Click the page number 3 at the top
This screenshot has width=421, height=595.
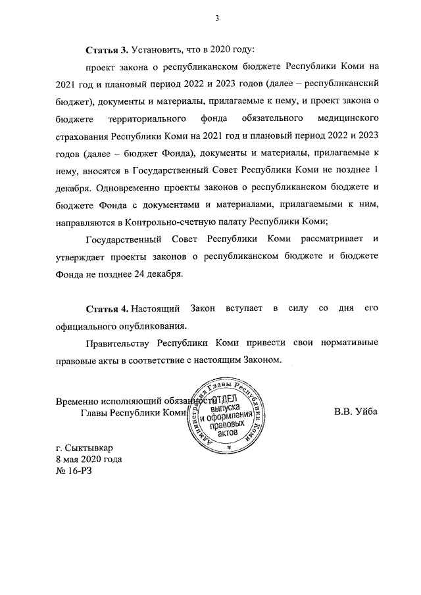click(216, 18)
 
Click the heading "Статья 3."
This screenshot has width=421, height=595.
click(107, 50)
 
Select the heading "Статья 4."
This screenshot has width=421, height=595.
click(107, 308)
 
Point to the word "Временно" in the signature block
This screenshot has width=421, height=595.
click(76, 400)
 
